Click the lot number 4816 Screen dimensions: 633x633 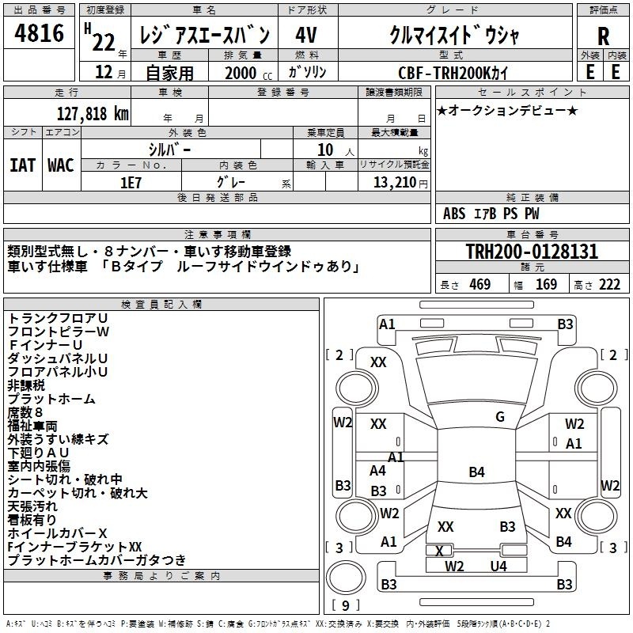39,33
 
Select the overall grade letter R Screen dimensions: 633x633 603,36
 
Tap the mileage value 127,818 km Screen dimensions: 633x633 93,114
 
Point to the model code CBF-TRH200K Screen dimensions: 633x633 444,73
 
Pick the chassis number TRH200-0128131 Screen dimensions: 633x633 532,252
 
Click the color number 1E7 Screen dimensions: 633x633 131,183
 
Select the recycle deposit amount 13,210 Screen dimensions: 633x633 395,183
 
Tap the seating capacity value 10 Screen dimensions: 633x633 325,150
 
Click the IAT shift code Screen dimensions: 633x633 23,165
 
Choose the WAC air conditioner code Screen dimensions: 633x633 61,165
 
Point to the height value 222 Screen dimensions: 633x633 609,285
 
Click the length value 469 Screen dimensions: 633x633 480,285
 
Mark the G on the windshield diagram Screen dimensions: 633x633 500,417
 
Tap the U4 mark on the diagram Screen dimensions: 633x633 498,566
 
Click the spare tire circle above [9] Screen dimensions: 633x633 346,578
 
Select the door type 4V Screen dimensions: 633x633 306,35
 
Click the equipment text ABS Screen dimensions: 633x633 454,214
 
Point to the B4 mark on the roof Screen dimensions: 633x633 477,472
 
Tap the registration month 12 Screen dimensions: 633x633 104,72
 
